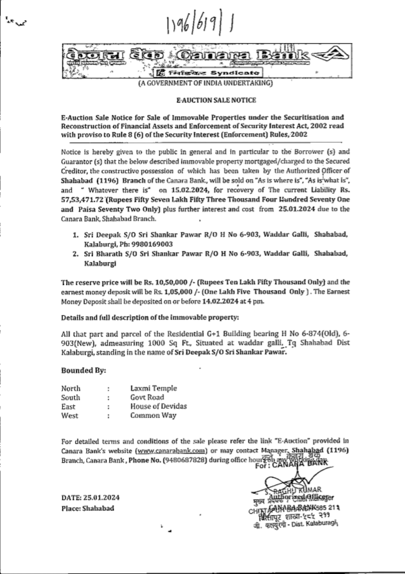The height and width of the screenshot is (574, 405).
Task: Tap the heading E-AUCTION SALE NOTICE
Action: click(x=216, y=100)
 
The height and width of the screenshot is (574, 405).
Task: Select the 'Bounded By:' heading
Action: click(x=83, y=370)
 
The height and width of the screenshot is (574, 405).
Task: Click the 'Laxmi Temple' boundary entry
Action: click(x=153, y=388)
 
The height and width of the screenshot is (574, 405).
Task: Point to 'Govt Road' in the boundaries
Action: click(x=147, y=397)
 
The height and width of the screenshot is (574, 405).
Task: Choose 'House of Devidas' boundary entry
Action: click(x=158, y=406)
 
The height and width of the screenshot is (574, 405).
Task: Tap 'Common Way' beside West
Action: click(x=153, y=415)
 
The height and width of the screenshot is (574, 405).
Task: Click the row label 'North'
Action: click(x=70, y=388)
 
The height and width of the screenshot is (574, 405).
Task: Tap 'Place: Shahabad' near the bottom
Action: click(x=87, y=508)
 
